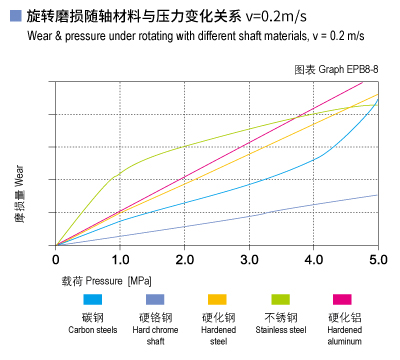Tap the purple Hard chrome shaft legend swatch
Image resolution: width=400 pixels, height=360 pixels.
155,300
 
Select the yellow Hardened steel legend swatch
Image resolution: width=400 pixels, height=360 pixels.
217,300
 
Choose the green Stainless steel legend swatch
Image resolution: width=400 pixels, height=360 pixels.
281,300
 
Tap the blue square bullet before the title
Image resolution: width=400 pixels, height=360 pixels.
14,15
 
